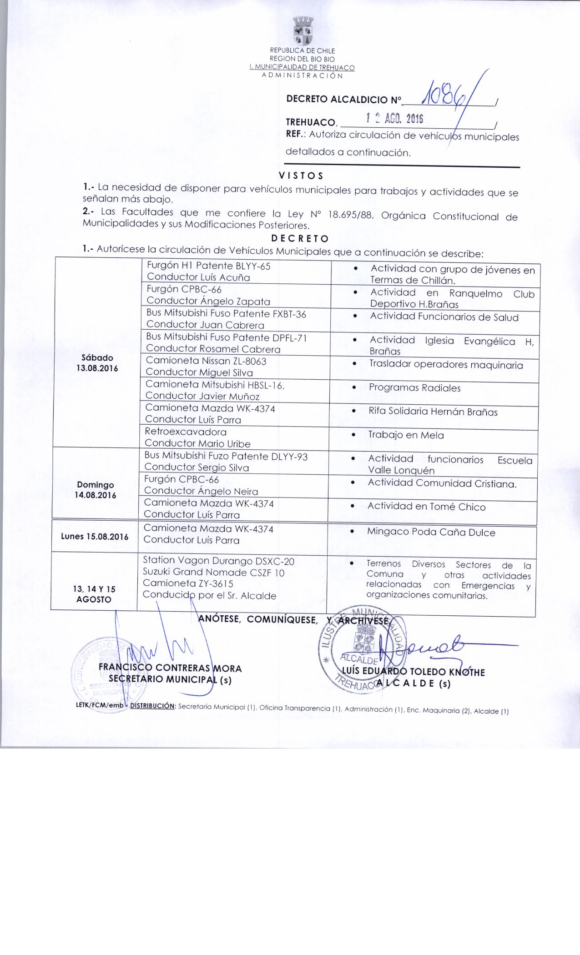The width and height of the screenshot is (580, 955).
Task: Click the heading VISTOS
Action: [301, 176]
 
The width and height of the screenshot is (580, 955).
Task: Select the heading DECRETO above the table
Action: [300, 238]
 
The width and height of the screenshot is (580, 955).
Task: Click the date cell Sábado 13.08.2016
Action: [97, 363]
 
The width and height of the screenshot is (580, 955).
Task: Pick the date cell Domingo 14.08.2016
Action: [95, 490]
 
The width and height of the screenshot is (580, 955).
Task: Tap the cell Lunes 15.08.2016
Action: [95, 536]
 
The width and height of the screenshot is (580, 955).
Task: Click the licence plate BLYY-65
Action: [252, 266]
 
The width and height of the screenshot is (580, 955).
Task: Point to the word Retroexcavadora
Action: [186, 432]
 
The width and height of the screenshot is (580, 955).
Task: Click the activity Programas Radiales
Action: [414, 388]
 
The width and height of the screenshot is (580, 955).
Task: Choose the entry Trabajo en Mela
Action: [406, 435]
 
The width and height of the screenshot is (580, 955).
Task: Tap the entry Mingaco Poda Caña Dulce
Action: [431, 532]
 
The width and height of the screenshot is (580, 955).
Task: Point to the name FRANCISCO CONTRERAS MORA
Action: [170, 668]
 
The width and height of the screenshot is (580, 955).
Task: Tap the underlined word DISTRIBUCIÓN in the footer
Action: [152, 706]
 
